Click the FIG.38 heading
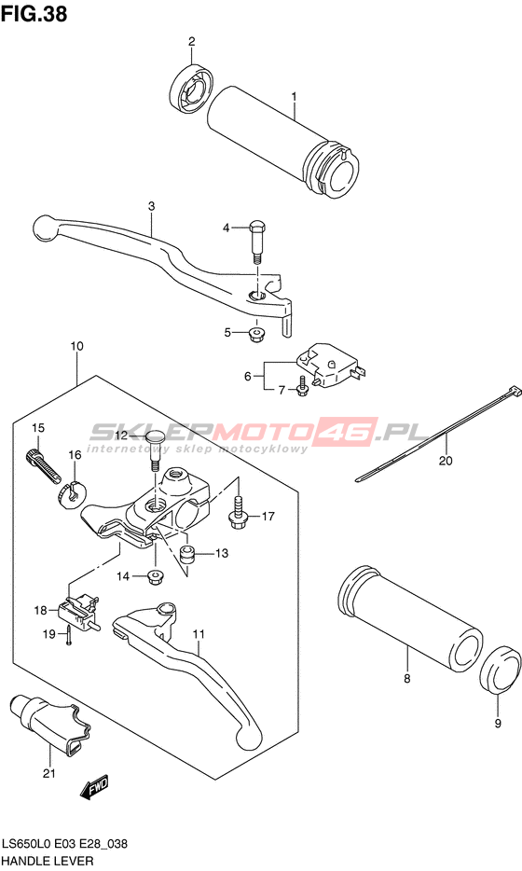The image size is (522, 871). (34, 13)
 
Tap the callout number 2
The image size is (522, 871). (192, 41)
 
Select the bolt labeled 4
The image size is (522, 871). (257, 242)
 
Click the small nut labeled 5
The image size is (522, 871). (256, 335)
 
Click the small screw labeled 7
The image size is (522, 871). (302, 386)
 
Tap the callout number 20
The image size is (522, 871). (446, 461)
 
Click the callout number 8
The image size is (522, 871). (407, 678)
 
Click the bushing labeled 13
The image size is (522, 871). (186, 554)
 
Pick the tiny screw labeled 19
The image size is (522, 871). (68, 634)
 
